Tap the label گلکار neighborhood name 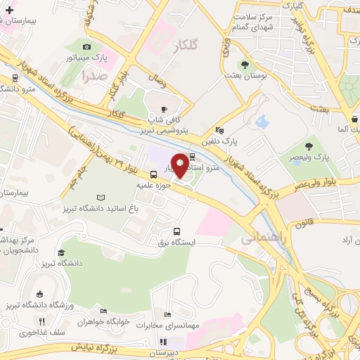[185, 46]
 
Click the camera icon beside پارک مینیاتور [86, 46]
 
